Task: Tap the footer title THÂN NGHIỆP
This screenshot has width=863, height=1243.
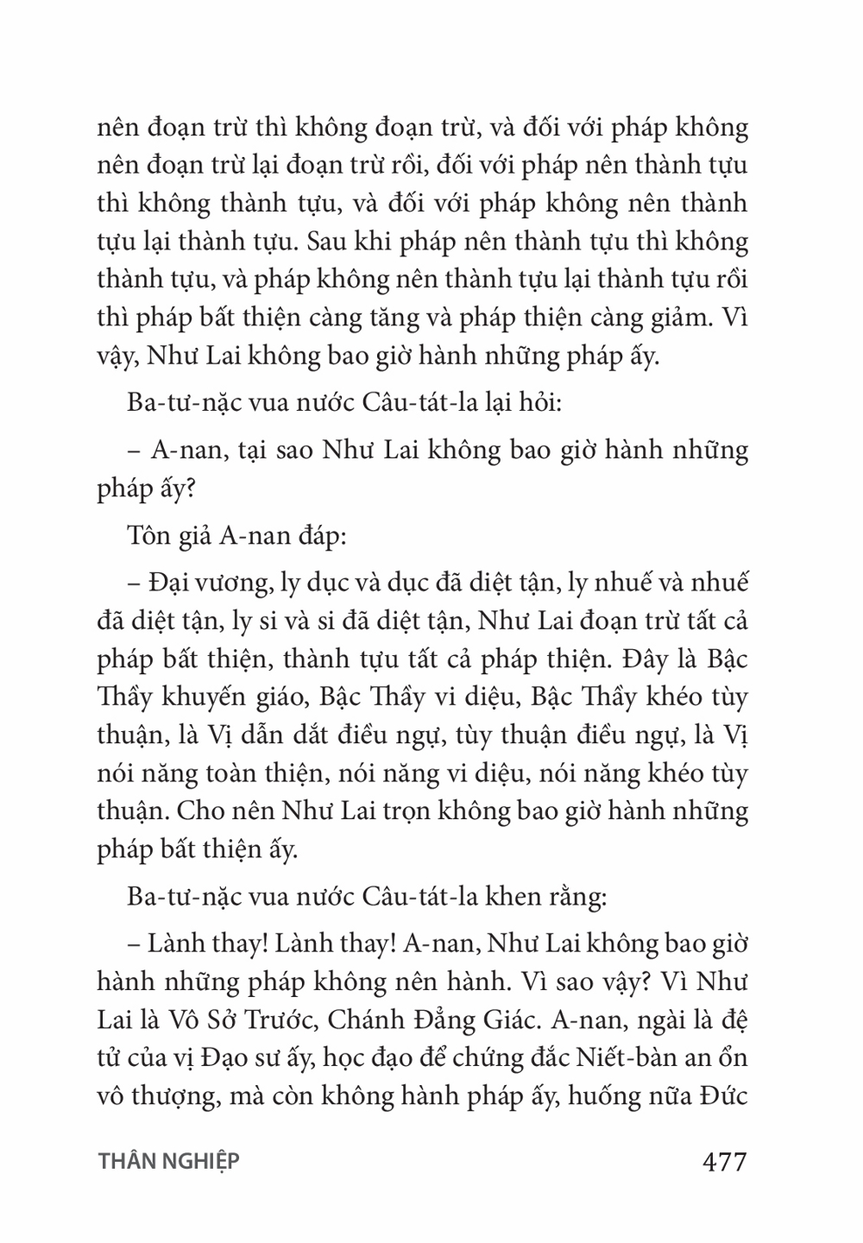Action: click(x=168, y=1162)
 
